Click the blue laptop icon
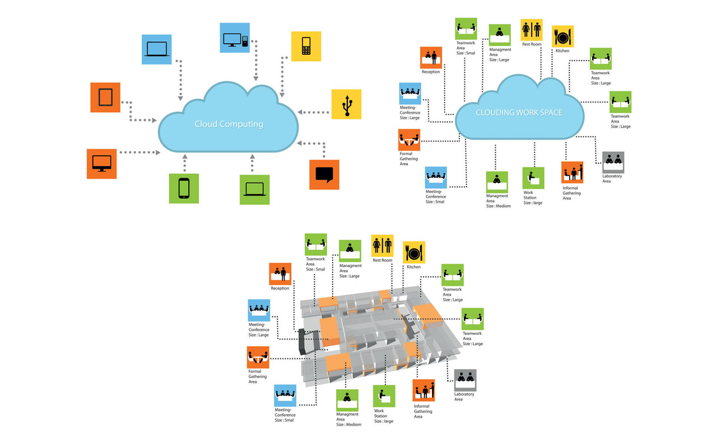[x=156, y=49]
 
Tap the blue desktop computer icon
[x=235, y=38]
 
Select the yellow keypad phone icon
[x=306, y=46]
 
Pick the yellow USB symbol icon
[x=346, y=104]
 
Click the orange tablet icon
[x=105, y=97]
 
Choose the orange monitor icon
[x=102, y=164]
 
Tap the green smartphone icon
[x=184, y=189]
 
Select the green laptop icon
[x=254, y=190]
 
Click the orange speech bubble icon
[x=324, y=175]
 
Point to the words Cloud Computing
[x=229, y=124]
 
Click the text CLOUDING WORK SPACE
[x=519, y=113]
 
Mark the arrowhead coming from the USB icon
[x=300, y=112]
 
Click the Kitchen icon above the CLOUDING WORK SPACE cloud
[x=563, y=36]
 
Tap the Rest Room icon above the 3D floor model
[x=382, y=245]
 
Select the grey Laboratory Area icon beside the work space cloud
[x=613, y=162]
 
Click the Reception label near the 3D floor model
[x=280, y=288]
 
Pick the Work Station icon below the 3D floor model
[x=384, y=396]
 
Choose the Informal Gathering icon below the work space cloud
[x=572, y=172]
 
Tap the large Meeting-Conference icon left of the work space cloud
[x=410, y=94]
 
